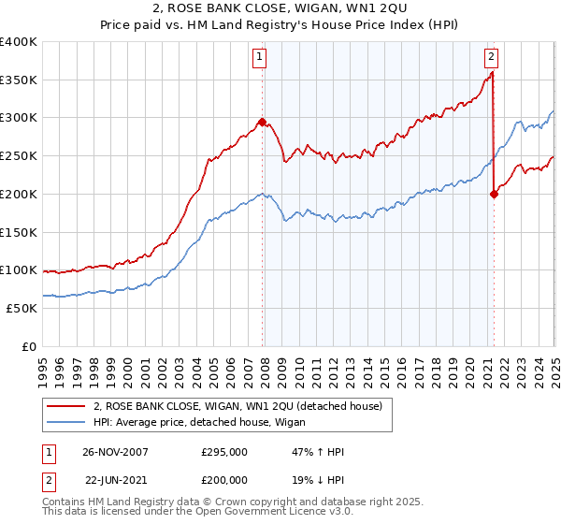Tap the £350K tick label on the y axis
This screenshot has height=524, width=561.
(19, 80)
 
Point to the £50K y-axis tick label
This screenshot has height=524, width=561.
(22, 308)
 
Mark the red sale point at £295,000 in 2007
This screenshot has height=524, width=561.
(263, 122)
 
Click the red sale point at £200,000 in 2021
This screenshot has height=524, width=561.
(494, 195)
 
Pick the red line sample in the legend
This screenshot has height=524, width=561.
(66, 407)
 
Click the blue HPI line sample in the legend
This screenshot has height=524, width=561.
(66, 423)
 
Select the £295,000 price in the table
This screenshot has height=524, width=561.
(223, 452)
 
